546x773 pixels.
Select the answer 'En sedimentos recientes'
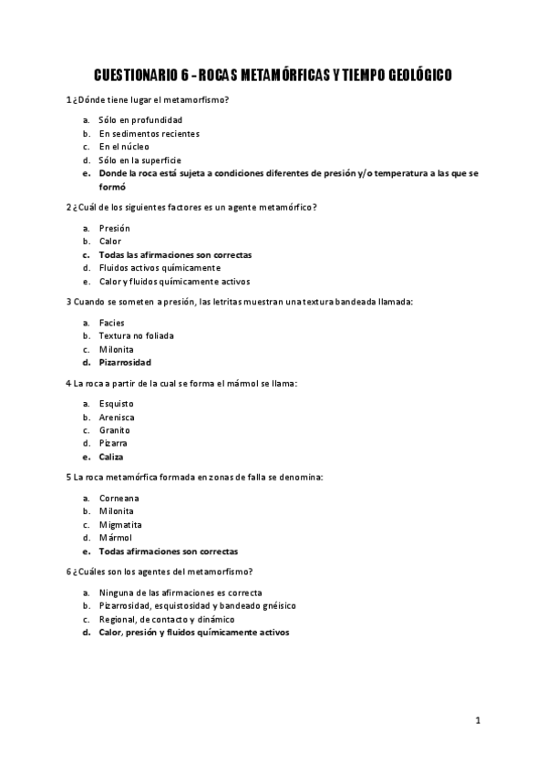tap(149, 133)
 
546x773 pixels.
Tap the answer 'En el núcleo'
tap(124, 146)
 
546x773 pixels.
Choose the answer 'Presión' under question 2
tap(115, 228)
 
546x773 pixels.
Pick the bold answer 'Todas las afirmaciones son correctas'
tap(175, 254)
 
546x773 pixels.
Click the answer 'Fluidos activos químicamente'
tap(160, 268)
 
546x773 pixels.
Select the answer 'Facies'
tap(112, 323)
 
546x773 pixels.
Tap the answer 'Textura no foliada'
tap(136, 335)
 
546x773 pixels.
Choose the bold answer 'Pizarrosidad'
tap(125, 362)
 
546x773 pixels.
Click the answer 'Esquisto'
tap(117, 403)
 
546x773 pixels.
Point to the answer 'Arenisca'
tap(118, 417)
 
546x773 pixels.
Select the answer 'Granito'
tap(115, 429)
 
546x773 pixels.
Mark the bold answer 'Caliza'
tap(111, 457)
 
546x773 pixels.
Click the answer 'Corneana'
tap(118, 498)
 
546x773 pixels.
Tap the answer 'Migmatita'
tap(120, 524)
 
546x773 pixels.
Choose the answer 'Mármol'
tap(116, 538)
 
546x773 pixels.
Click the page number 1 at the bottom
tap(478, 720)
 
